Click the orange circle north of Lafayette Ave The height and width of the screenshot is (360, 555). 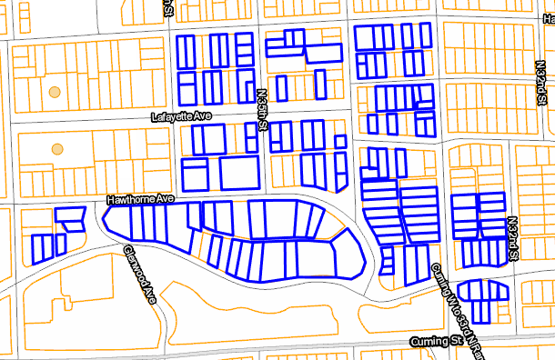coord(55,92)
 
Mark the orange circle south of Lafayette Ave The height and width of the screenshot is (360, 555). coord(57,148)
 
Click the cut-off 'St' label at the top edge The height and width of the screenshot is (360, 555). coord(169,7)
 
